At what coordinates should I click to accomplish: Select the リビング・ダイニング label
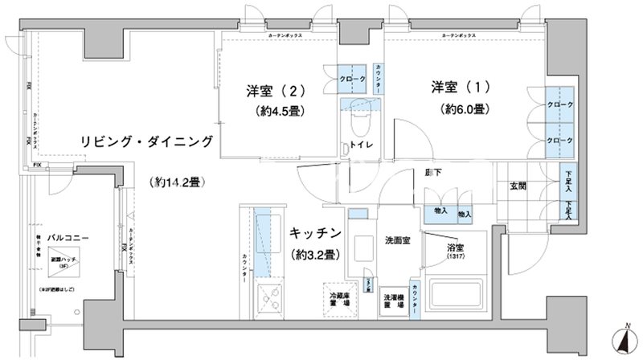click(x=146, y=142)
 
